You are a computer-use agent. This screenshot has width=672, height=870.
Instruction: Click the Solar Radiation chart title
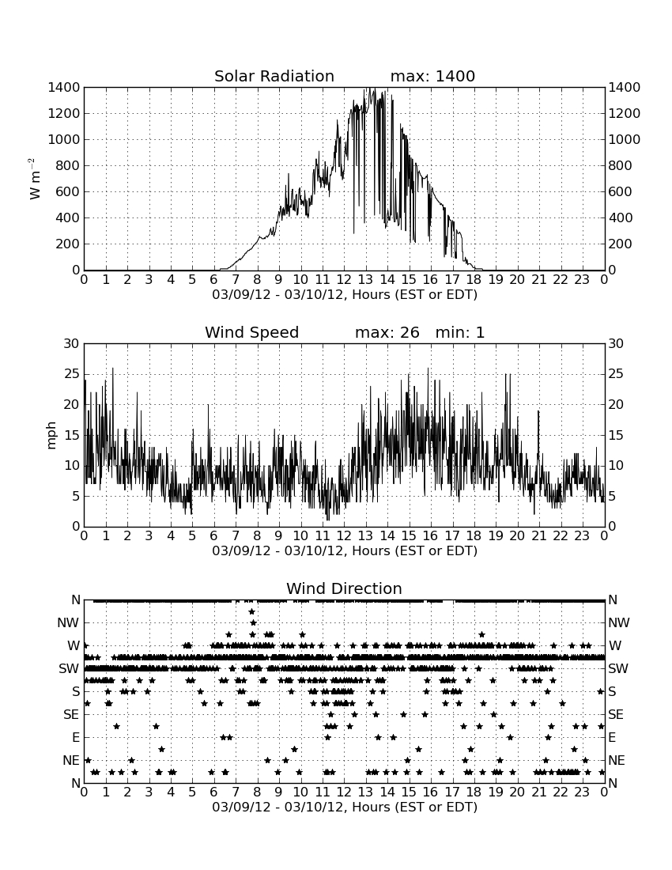pos(274,76)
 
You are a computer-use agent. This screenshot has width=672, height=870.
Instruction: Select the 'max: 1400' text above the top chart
pos(432,76)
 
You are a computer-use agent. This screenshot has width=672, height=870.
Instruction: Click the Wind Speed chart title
pos(251,332)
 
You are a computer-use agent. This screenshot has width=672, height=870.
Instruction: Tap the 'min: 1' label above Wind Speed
pos(459,332)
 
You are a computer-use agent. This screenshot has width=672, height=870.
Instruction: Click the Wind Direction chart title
pos(344,588)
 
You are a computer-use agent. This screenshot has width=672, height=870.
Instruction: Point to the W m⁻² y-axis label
pos(34,179)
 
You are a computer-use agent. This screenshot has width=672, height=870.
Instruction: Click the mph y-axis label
pos(51,435)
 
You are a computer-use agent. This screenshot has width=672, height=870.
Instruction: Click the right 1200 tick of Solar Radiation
pos(625,113)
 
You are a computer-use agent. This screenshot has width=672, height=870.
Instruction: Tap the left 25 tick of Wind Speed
pos(72,374)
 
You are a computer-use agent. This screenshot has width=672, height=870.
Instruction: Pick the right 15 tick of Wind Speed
pos(616,435)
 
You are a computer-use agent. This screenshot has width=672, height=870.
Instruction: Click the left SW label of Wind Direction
pos(69,668)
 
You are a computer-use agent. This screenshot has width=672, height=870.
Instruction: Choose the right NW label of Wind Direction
pos(619,622)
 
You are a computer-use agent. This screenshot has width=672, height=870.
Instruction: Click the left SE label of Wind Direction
pos(71,715)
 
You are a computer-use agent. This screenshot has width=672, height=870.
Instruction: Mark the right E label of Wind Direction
pos(612,737)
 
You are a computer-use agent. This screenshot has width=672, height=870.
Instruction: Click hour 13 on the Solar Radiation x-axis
pos(365,279)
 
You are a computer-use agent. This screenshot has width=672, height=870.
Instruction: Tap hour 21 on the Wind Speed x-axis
pos(539,535)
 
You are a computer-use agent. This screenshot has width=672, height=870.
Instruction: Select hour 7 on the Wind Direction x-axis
pos(236,792)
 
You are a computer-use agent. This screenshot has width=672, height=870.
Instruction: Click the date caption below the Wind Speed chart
pos(345,551)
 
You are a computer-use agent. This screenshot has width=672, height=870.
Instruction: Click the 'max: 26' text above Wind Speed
pos(387,332)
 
